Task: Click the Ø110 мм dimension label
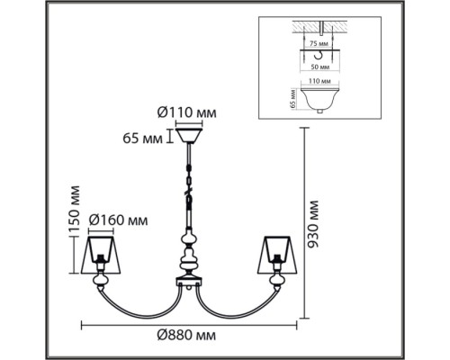pos(186,113)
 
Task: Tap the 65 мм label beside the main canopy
pos(142,139)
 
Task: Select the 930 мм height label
pos(313,224)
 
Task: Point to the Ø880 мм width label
pos(186,335)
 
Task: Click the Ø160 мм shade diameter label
pos(119,220)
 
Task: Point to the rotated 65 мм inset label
pos(293,99)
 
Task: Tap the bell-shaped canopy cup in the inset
pos(319,100)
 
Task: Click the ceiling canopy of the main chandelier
pos(189,136)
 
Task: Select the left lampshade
pos(101,255)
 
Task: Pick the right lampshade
pos(277,255)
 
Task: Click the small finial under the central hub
pos(189,288)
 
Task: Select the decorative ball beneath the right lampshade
pos(276,280)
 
